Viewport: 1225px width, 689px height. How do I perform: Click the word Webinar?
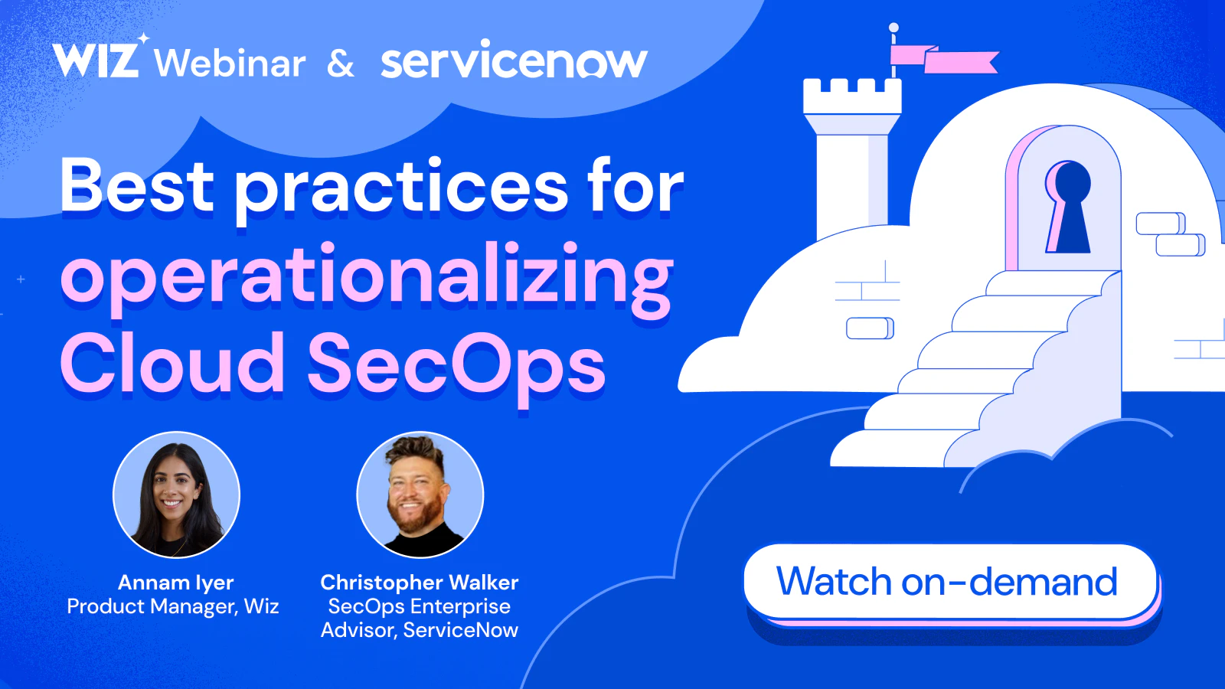(230, 62)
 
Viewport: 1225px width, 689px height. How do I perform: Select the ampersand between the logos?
(340, 64)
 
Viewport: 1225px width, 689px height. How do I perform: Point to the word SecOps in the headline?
(456, 367)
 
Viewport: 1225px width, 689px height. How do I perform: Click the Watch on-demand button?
(950, 582)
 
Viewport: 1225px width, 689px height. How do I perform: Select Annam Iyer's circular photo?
(176, 495)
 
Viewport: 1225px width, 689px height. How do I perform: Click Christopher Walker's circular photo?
(420, 495)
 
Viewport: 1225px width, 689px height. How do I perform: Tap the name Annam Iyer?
(176, 583)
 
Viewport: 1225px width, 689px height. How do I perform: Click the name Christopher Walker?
(420, 583)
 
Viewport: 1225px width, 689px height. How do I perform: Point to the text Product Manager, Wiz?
(173, 606)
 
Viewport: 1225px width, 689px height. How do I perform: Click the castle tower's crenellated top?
(852, 96)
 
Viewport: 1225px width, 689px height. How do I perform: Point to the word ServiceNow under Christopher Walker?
(460, 630)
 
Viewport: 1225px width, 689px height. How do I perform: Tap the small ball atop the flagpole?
(893, 28)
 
